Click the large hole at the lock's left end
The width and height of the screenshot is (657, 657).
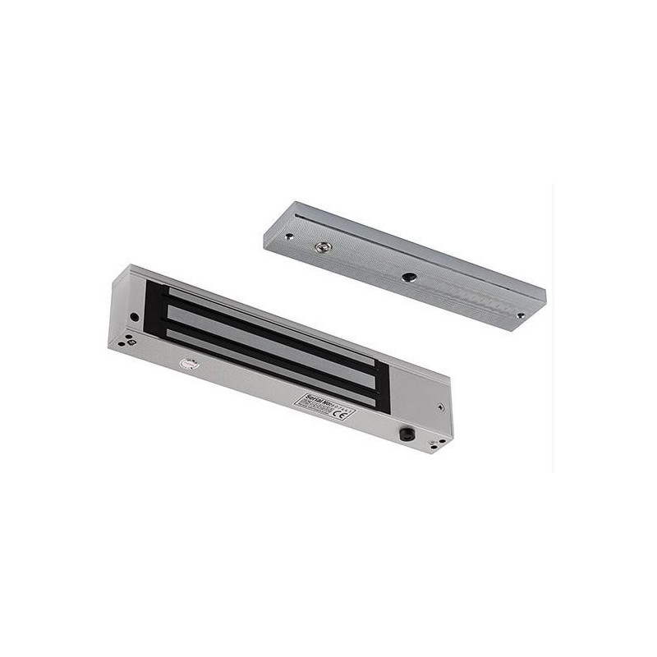134,315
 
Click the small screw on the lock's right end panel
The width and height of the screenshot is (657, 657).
441,406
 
